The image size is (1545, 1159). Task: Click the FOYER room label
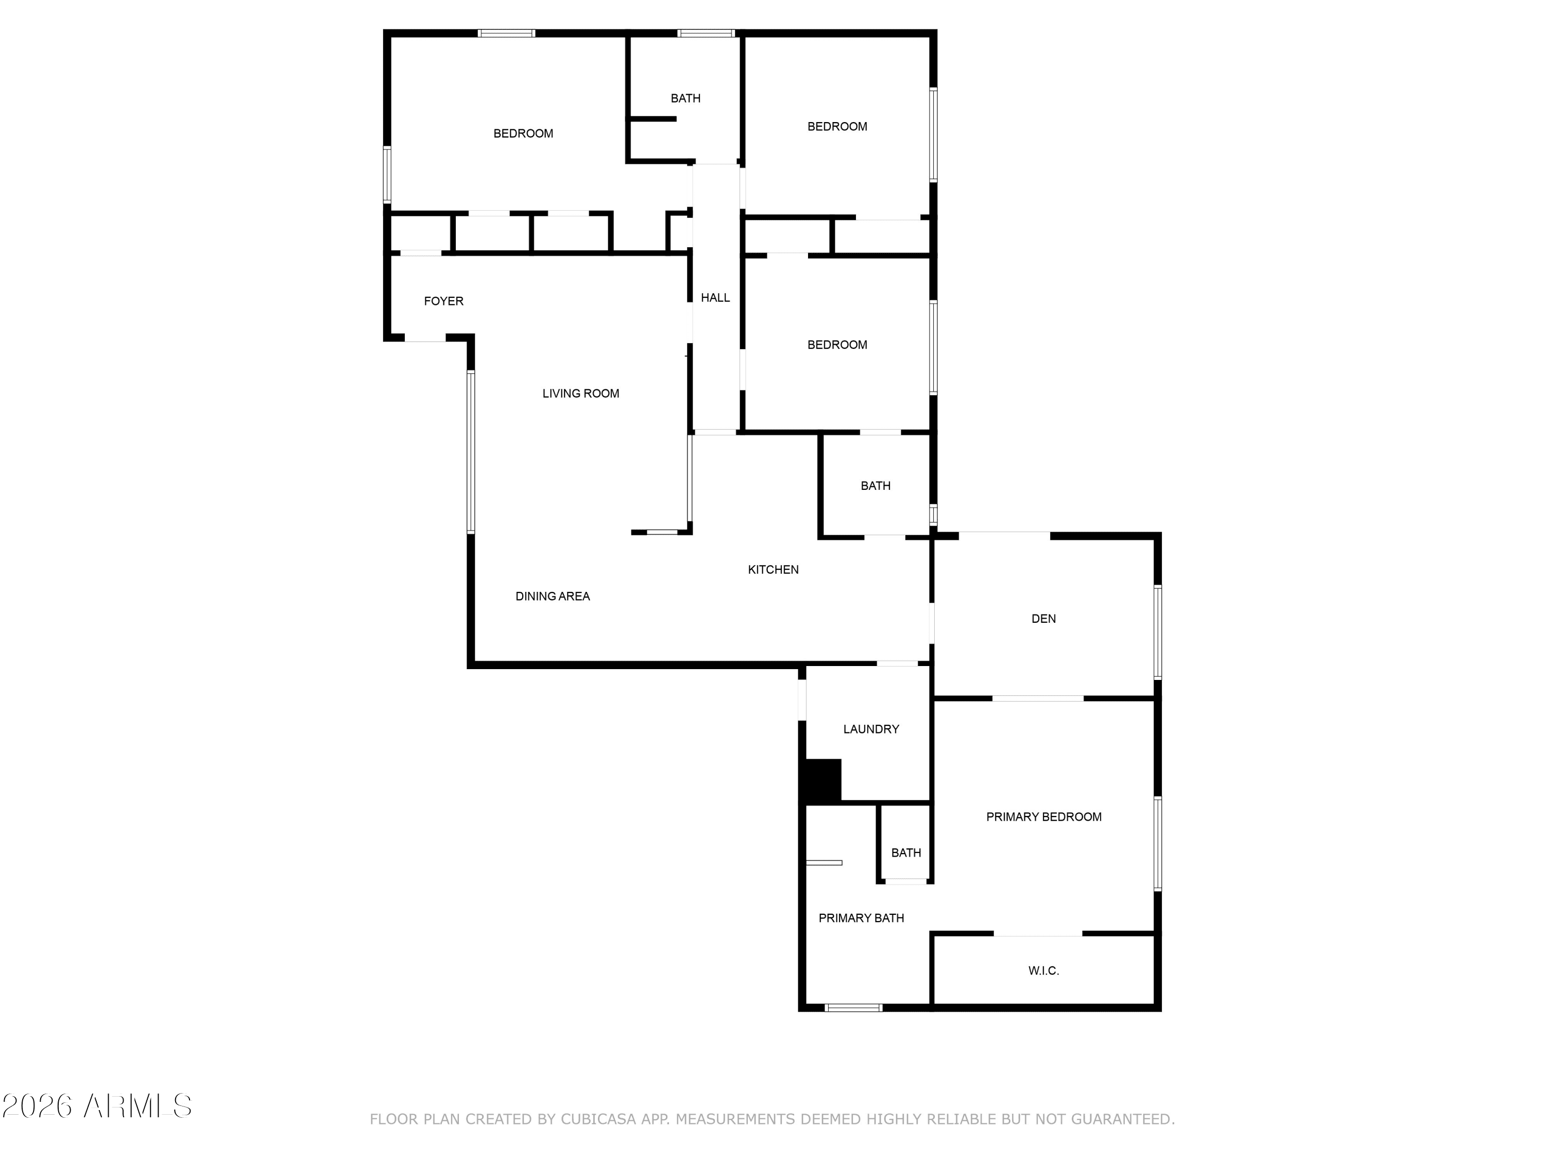point(443,301)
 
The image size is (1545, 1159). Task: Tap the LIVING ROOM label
point(580,394)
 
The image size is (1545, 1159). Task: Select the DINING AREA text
point(553,596)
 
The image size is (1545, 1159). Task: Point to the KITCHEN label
point(773,569)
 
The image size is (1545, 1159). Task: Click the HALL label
point(715,298)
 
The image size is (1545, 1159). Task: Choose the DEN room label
point(1043,618)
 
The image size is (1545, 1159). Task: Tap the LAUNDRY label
point(871,729)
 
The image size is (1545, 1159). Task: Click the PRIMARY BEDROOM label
point(1043,816)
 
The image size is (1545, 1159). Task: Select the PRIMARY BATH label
point(861,918)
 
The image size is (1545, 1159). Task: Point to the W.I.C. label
point(1043,970)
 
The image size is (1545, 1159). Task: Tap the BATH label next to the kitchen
point(875,486)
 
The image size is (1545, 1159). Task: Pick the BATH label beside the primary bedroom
point(906,853)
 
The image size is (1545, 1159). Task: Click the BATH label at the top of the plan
point(685,98)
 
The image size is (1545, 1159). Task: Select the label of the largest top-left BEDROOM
point(523,133)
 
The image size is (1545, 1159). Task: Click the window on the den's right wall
point(1157,632)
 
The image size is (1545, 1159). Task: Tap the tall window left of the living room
point(471,452)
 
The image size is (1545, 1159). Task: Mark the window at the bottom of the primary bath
point(853,1008)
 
